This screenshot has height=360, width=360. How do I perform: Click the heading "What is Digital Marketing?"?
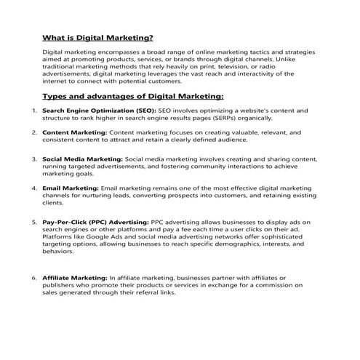(97, 37)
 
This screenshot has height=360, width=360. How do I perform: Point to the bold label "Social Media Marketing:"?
(82, 158)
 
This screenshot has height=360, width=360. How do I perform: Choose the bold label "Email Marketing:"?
(71, 188)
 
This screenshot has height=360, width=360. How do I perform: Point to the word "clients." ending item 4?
(54, 204)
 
